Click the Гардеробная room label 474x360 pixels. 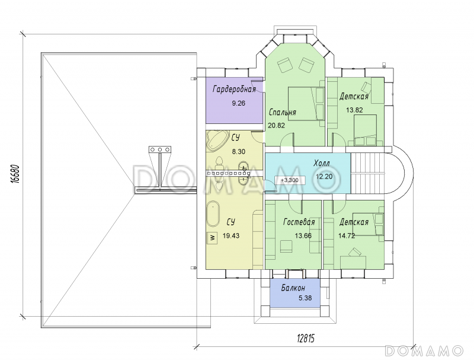[x=234, y=90]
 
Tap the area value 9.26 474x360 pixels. [x=239, y=103]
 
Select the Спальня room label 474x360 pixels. [x=283, y=112]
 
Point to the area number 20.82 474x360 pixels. [x=276, y=125]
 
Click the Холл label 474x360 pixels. [x=322, y=163]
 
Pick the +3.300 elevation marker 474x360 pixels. [x=290, y=180]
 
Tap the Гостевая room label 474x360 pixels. [x=299, y=222]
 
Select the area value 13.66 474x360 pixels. [x=303, y=235]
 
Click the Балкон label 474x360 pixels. [x=293, y=288]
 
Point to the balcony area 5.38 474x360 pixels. [x=305, y=298]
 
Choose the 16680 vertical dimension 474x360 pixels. [x=14, y=174]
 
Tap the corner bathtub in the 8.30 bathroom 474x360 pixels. [x=216, y=141]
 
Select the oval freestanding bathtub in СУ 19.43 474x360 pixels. [x=213, y=215]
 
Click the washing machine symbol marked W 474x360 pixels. [x=213, y=238]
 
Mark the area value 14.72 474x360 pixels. [x=347, y=235]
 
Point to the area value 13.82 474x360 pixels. [x=354, y=110]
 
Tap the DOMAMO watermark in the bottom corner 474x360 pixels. [x=424, y=351]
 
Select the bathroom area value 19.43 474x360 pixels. [x=231, y=235]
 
